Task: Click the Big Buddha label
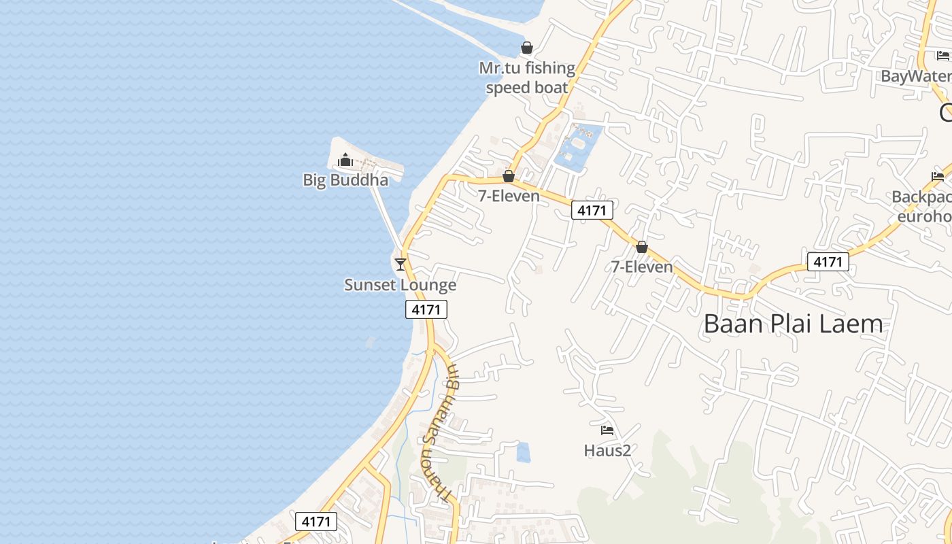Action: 345,180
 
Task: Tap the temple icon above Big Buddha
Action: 345,160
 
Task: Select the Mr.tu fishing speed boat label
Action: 527,78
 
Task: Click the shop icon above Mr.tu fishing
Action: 526,48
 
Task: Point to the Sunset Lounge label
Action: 400,285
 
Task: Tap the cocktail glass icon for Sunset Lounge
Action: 401,264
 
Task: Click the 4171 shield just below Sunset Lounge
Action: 426,310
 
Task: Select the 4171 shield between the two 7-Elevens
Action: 592,210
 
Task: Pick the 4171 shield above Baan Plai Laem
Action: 828,262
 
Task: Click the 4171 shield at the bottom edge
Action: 316,522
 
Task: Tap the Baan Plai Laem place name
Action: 793,324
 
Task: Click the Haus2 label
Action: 607,450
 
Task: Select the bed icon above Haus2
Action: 607,430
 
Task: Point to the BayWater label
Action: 915,76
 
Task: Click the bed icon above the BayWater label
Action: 942,56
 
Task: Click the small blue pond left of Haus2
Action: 523,452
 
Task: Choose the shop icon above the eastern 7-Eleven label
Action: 641,247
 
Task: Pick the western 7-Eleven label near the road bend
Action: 509,197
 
